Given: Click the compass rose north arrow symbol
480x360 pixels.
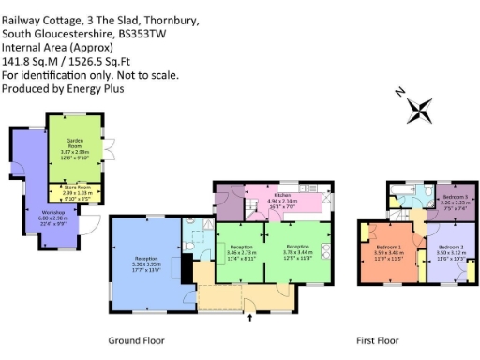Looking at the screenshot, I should click(417, 110).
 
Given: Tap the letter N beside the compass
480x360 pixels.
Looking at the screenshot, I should click(400, 92).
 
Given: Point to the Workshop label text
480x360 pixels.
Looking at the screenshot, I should click(53, 214).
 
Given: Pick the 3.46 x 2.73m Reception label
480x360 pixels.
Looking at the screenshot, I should click(239, 251).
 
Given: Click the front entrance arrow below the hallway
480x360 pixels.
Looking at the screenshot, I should click(249, 319).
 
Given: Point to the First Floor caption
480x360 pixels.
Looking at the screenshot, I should click(379, 339).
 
